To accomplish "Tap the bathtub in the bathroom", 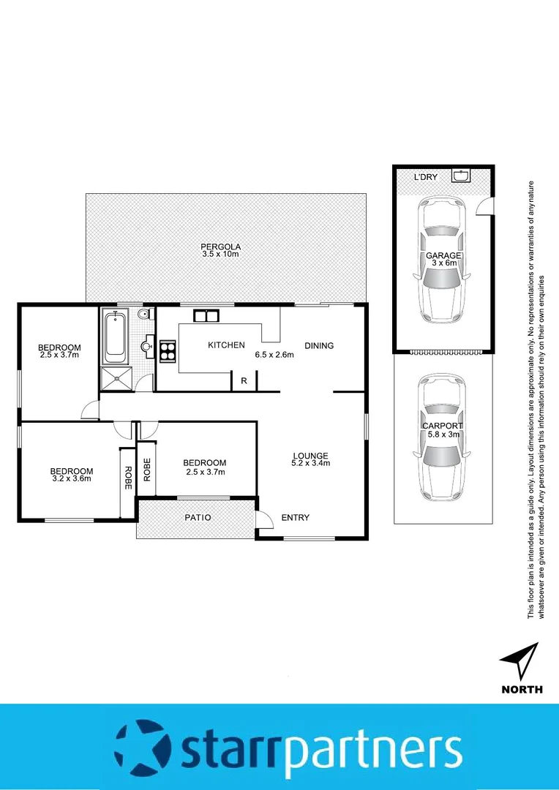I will tap(115, 336).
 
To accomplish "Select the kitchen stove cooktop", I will tap(168, 351).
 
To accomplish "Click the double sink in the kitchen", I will tap(206, 316).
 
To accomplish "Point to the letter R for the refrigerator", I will tap(244, 381).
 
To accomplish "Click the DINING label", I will tap(319, 346).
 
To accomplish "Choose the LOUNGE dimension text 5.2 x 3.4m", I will tap(311, 463).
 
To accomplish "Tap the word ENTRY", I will tap(296, 518).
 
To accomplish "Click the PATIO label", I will tap(198, 518).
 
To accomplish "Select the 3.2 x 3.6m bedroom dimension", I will tap(71, 479).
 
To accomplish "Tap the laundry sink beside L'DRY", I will tap(460, 176).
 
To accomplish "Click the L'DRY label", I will tap(424, 178).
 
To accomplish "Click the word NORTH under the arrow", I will tap(522, 689).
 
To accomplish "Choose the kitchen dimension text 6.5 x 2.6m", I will tap(274, 355).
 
